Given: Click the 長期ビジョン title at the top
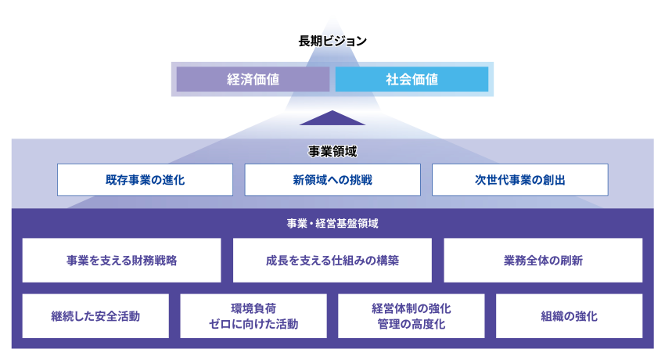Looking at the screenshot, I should coord(332,41).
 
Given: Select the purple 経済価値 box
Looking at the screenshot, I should coord(253,79).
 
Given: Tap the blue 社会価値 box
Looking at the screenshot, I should coord(412,79).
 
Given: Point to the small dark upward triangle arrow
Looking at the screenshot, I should coord(332,119).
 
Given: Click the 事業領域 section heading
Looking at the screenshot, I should coord(332,149).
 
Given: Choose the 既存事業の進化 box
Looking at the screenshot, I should coord(145,179).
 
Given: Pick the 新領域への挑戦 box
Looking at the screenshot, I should coord(332,179).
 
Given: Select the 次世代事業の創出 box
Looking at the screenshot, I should coord(519,179).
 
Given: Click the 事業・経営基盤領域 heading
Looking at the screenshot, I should coord(332,223).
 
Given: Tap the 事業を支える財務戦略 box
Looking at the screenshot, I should coord(122,260).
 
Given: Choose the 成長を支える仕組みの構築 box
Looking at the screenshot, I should coord(332,260).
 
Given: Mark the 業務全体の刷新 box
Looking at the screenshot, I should coord(543,260).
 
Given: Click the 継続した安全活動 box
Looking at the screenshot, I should coord(95,316).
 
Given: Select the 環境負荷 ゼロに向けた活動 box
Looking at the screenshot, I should coord(253,316).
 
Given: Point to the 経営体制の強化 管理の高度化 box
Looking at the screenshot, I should coord(412,316).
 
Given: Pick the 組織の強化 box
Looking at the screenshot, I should coord(569,316).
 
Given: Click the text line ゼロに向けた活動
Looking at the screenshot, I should coord(253,324).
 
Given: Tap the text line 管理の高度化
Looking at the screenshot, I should coord(412,324).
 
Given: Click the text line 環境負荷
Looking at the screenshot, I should coord(253,308).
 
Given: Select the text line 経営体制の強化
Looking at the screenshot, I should coord(412,308).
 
